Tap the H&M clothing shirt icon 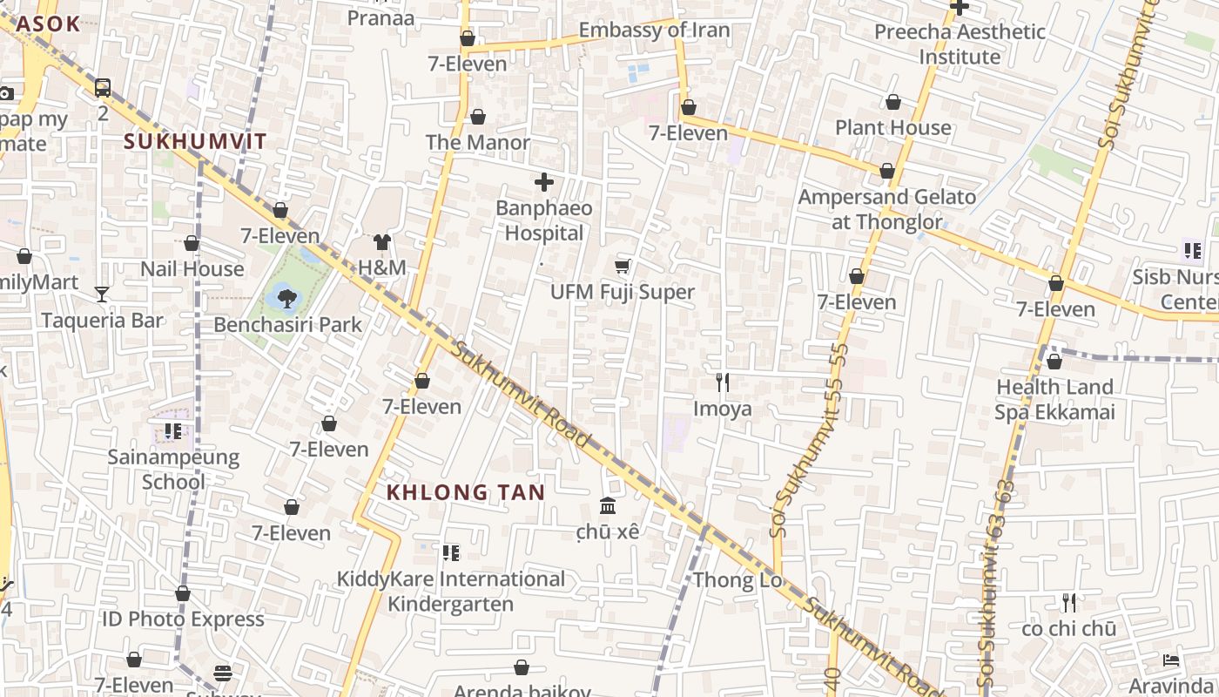(382, 241)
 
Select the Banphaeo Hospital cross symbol (544, 182)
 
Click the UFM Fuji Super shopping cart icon (623, 266)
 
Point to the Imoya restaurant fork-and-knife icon (722, 382)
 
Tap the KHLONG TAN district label (466, 492)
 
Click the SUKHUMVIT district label (195, 141)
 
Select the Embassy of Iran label (654, 30)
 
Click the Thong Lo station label (737, 580)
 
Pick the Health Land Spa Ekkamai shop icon (1054, 362)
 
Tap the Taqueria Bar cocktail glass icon (102, 294)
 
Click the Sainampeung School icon (173, 431)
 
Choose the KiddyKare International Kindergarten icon (450, 553)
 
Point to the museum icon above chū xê (608, 506)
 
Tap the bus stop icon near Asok (103, 87)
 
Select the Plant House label (892, 128)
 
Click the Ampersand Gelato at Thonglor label (886, 209)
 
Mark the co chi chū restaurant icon (1068, 603)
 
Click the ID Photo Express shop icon (183, 594)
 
